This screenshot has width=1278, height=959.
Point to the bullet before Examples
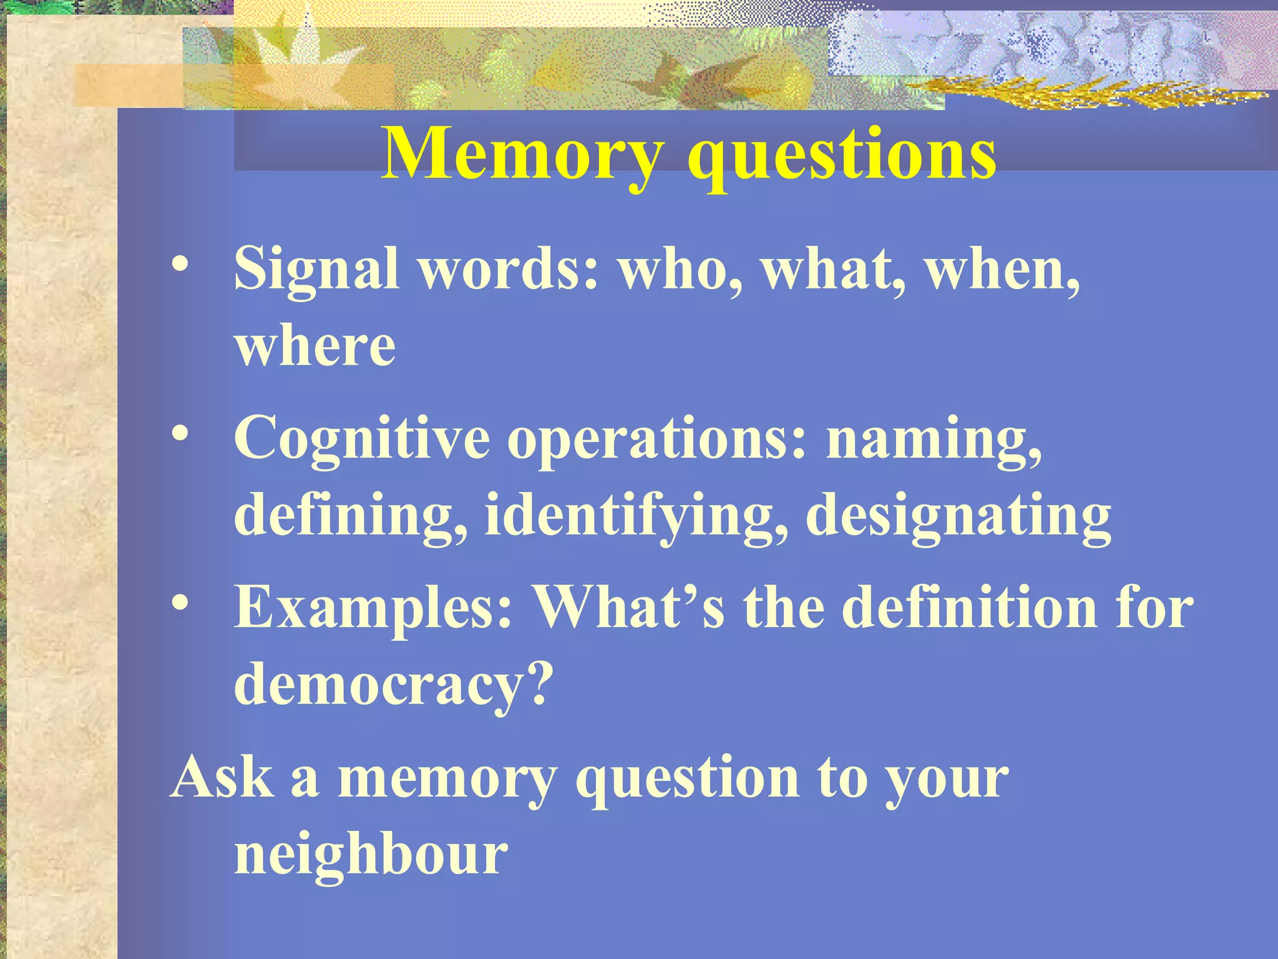click(180, 602)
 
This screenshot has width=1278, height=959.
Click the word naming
click(934, 440)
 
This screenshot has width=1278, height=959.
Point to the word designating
click(958, 516)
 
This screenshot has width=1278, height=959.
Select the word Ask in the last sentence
click(222, 777)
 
